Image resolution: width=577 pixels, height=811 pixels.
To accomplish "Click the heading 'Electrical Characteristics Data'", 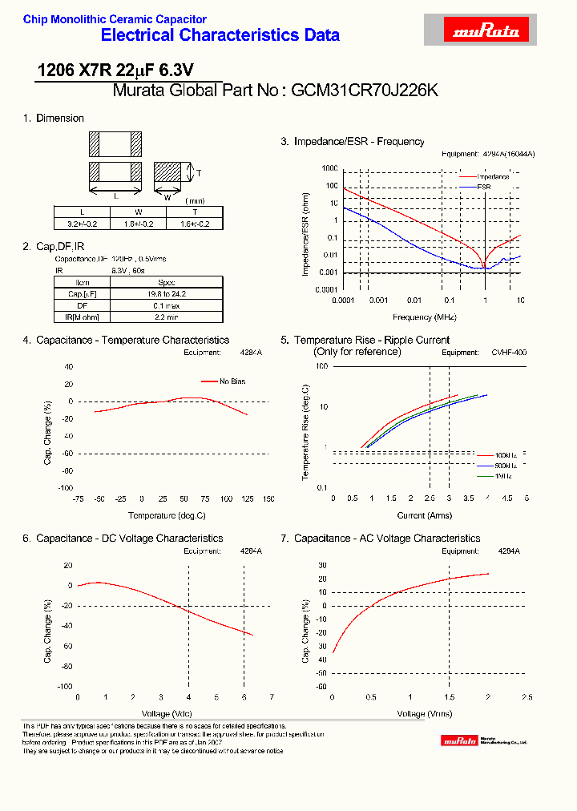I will click(220, 35).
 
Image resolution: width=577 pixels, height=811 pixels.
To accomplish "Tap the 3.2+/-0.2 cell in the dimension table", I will click(82, 224).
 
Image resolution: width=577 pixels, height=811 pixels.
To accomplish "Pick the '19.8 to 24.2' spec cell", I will click(166, 294).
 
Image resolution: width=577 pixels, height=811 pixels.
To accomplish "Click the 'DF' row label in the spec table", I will click(82, 306).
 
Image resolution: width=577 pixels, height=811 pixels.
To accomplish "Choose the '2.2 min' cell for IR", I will click(166, 318).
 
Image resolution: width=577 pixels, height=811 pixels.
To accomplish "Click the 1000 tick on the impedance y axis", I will click(329, 169).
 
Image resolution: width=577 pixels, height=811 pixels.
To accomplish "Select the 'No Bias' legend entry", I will click(232, 381).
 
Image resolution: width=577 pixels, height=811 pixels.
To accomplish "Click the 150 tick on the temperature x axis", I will click(268, 498).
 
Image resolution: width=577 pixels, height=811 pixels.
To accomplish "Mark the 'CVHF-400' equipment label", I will click(509, 353).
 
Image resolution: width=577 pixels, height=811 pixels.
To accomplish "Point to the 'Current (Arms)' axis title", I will click(423, 515).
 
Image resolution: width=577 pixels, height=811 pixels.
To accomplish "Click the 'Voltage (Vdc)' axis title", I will click(167, 713).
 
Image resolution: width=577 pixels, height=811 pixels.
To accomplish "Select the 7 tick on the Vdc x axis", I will click(272, 697).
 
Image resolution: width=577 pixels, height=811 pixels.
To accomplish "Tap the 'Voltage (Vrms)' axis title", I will click(426, 713).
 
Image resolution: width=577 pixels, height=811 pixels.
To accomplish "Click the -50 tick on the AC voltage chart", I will click(321, 686).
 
